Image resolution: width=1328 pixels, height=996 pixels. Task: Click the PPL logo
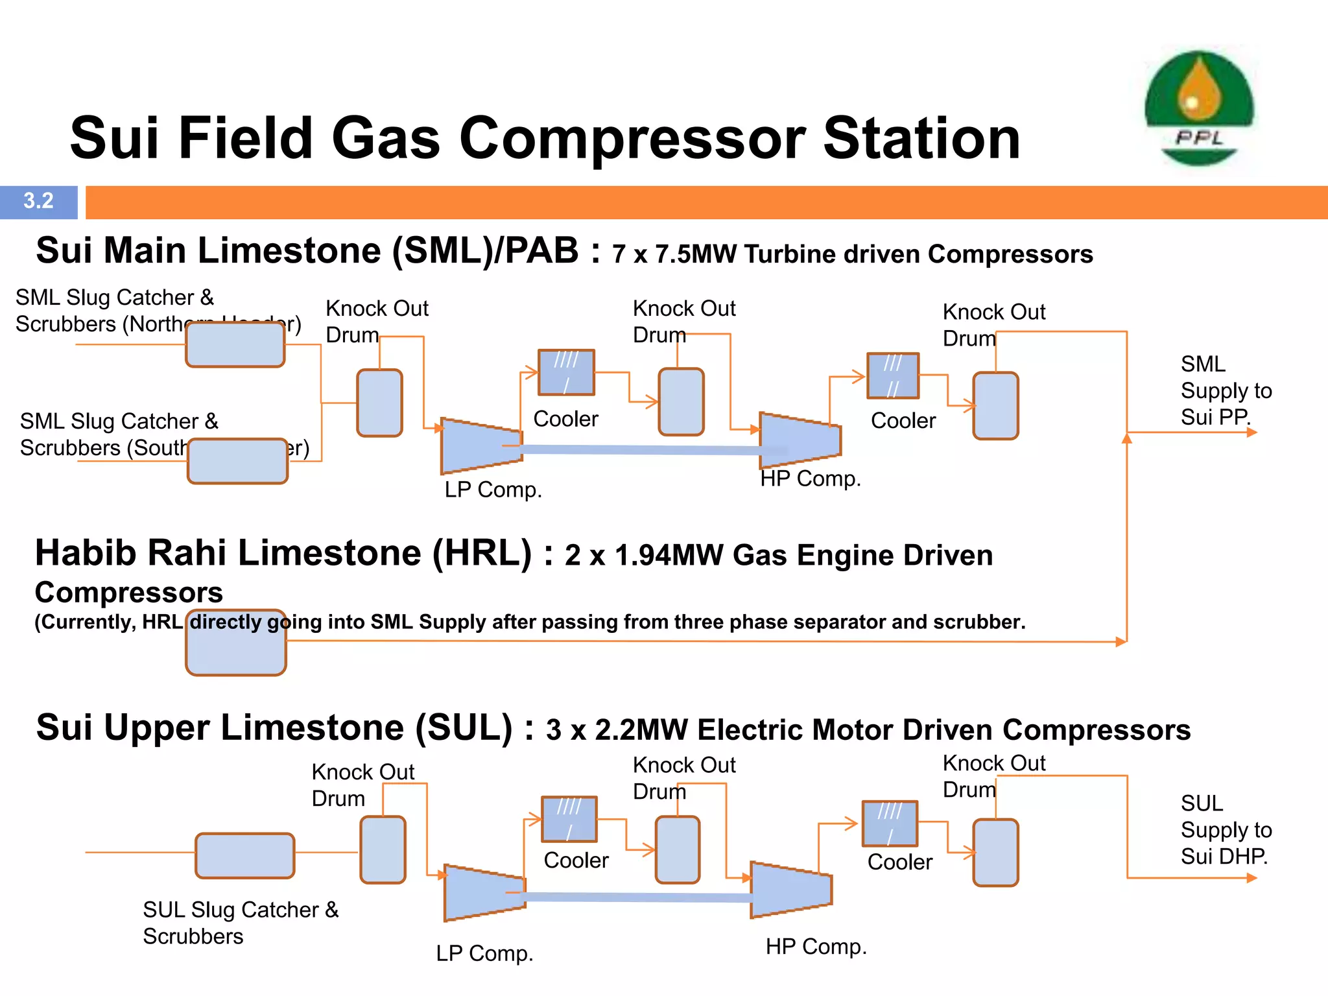[1199, 108]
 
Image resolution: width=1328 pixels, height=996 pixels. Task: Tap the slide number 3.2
[38, 201]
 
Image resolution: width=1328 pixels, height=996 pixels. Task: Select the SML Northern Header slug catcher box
[235, 345]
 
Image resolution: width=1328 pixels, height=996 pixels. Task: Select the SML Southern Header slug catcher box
[237, 461]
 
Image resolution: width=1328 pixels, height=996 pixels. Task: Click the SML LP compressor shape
[480, 446]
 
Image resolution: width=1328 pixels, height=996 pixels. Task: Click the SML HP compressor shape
[800, 441]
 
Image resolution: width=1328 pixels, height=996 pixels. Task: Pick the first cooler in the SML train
[566, 372]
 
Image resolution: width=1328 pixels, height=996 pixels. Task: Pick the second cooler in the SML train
[893, 375]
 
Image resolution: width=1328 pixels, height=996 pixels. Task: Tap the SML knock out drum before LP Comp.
[380, 403]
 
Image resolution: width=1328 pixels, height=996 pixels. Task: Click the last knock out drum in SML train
[995, 406]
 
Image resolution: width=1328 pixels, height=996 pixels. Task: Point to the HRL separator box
[236, 643]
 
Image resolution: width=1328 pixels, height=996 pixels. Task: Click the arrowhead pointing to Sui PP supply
[1251, 433]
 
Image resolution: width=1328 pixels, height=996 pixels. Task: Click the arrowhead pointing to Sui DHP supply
[1251, 878]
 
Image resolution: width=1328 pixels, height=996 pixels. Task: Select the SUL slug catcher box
[245, 856]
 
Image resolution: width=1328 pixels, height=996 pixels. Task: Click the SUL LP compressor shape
[484, 893]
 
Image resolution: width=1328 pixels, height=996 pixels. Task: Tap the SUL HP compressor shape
[790, 890]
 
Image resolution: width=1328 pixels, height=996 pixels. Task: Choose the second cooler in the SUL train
[890, 824]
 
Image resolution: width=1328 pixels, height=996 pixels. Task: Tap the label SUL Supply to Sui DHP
[1226, 830]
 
